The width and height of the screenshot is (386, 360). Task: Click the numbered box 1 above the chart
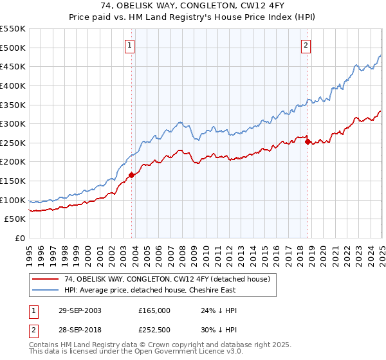point(131,45)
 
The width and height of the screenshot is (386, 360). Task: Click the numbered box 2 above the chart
point(306,45)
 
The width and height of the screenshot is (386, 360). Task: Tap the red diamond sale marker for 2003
point(131,174)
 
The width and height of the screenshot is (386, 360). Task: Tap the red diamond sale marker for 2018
point(308,141)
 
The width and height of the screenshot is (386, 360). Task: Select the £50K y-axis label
point(15,219)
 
